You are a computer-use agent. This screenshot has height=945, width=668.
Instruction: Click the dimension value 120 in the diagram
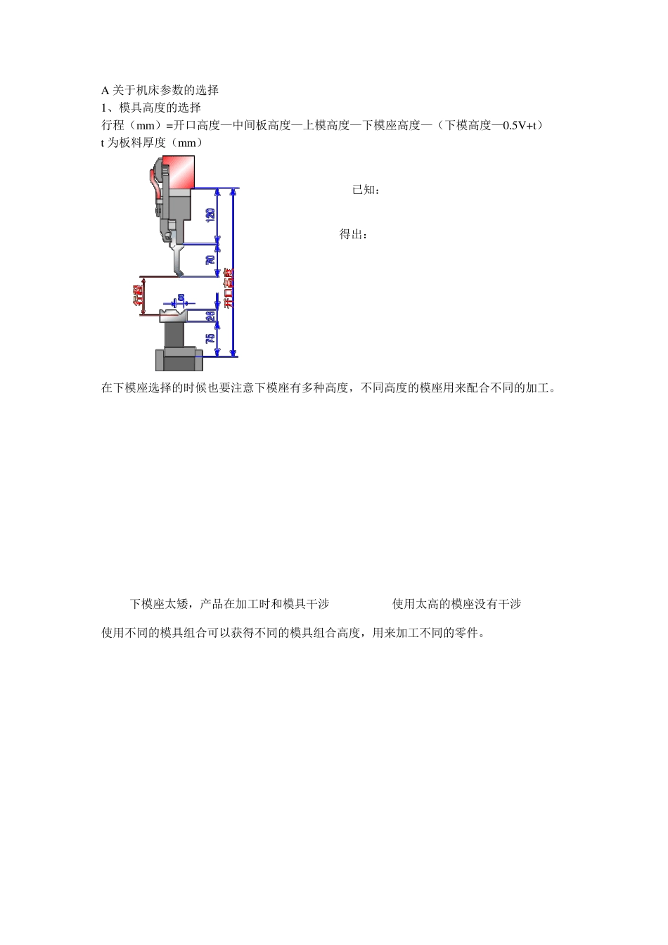click(x=210, y=216)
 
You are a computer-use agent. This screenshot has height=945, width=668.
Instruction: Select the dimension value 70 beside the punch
click(x=210, y=260)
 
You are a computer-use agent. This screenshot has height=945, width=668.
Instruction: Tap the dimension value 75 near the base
click(x=210, y=338)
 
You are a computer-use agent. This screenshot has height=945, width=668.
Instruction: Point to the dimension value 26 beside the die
click(x=210, y=316)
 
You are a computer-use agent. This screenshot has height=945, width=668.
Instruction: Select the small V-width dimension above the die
click(x=180, y=299)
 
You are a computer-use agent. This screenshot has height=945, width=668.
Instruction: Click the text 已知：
click(x=366, y=190)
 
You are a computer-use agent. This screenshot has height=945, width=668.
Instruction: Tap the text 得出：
click(x=354, y=234)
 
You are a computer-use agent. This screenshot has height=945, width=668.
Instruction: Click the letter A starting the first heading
click(x=105, y=90)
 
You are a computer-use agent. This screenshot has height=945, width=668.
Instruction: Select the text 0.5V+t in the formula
click(x=519, y=125)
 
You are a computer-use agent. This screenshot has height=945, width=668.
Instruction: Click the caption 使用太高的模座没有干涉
click(x=456, y=604)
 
